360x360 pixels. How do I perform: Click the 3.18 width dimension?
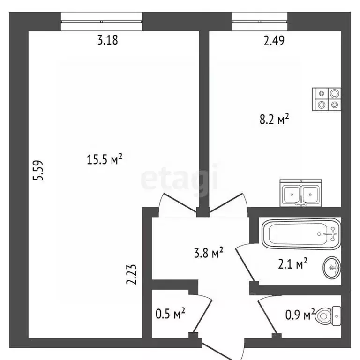107,40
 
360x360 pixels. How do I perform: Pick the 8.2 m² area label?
273,120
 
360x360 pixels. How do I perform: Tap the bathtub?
300,233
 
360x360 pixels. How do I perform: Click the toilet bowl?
329,315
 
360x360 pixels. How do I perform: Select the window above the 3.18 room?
102,21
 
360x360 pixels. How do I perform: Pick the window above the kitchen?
260,21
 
